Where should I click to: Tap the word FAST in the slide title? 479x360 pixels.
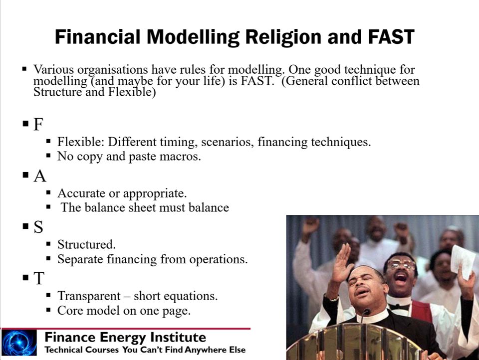[391, 37]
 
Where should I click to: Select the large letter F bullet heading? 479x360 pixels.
[38, 124]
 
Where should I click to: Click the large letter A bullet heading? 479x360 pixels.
[40, 176]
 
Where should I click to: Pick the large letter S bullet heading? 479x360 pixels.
[38, 227]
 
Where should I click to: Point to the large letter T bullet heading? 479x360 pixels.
[39, 278]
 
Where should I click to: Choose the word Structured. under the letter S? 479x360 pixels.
[86, 245]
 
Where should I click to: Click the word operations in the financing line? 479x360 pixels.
[219, 260]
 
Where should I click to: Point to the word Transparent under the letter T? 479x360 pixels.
[89, 296]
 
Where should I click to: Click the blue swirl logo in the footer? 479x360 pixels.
[19, 343]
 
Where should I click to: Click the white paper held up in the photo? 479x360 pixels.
[463, 262]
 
